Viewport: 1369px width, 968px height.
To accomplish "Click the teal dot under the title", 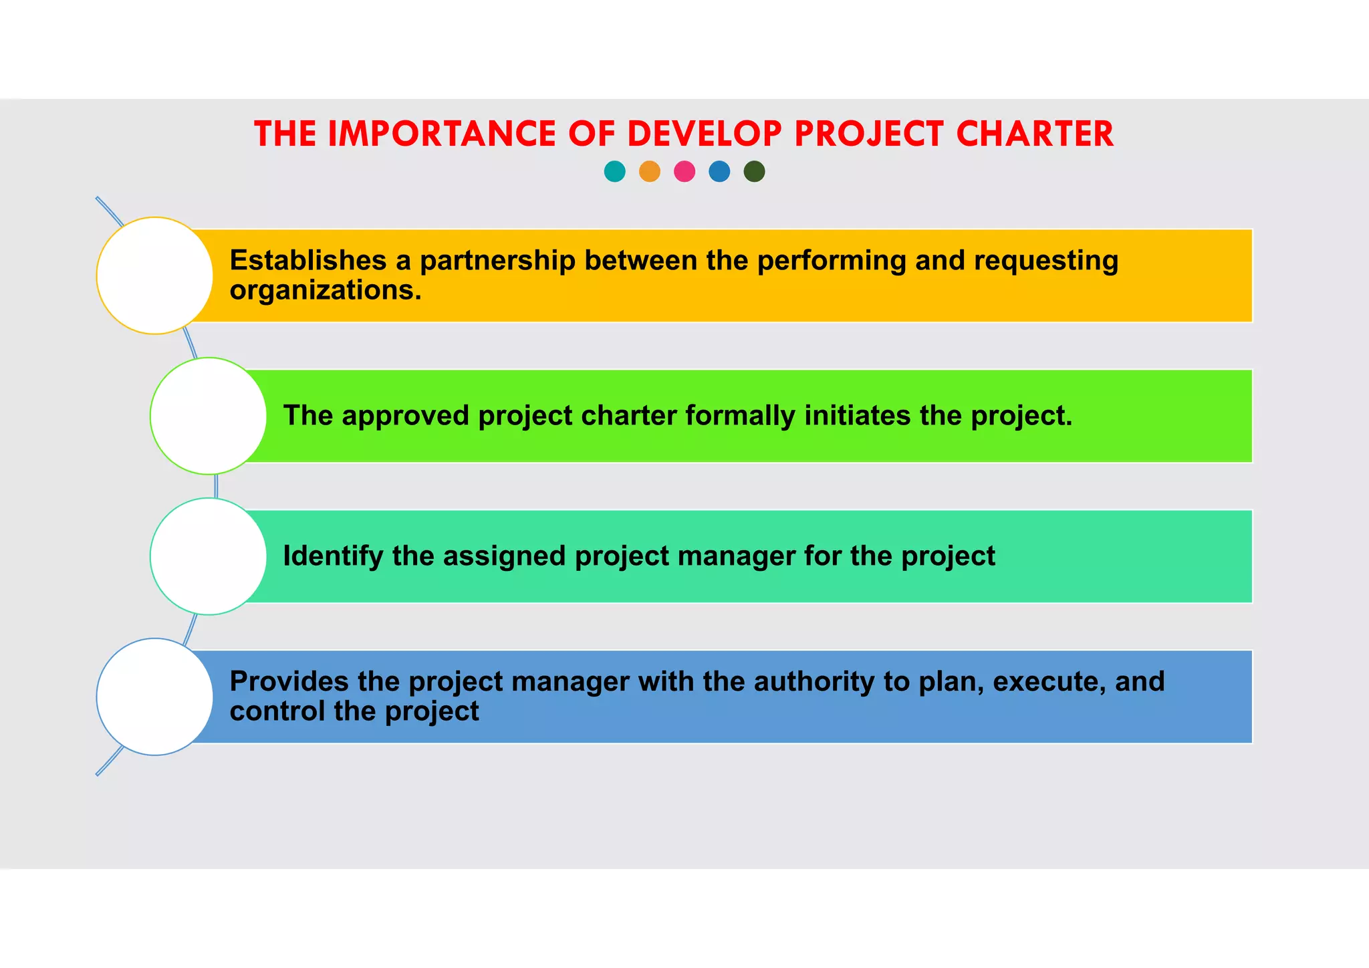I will pyautogui.click(x=614, y=172).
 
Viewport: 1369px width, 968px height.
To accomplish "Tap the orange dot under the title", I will pyautogui.click(x=650, y=172).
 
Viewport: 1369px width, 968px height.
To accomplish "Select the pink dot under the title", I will pyautogui.click(x=684, y=172).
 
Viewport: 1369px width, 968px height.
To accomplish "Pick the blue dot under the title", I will pyautogui.click(x=719, y=172).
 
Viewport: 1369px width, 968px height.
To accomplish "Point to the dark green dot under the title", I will pyautogui.click(x=754, y=172).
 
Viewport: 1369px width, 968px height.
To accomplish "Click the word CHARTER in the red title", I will pyautogui.click(x=1035, y=134).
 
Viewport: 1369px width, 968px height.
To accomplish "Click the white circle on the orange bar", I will pyautogui.click(x=155, y=275).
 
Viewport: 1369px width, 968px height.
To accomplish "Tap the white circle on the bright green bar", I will pyautogui.click(x=209, y=416).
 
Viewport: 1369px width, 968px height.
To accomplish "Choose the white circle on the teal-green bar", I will pyautogui.click(x=209, y=556).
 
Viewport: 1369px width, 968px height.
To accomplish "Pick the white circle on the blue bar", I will pyautogui.click(x=155, y=697).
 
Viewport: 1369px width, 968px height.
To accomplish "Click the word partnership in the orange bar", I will pyautogui.click(x=497, y=261).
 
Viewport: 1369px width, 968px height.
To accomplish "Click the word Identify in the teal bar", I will pyautogui.click(x=333, y=556).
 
